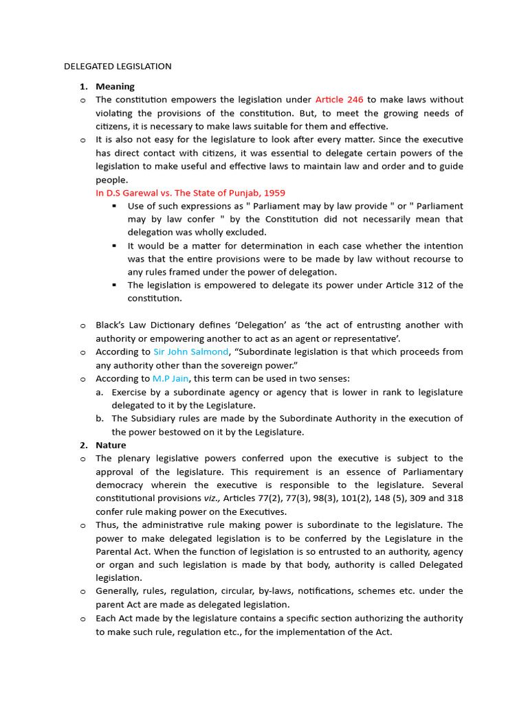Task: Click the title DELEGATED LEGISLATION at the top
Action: point(118,67)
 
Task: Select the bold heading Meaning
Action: point(115,87)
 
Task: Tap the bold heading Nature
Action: point(111,445)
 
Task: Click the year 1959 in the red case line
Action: point(272,193)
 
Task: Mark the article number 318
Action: point(454,498)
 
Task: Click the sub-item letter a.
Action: point(99,392)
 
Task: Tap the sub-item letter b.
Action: point(99,418)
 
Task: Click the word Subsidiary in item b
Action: point(151,418)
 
